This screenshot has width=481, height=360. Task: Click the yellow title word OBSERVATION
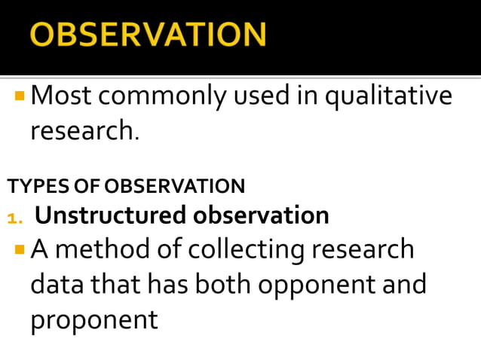pyautogui.click(x=148, y=35)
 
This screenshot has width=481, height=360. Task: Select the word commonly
pyautogui.click(x=158, y=97)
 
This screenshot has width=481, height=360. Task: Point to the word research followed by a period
pyautogui.click(x=84, y=131)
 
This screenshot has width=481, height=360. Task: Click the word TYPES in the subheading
pyautogui.click(x=31, y=186)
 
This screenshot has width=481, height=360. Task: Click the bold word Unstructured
pyautogui.click(x=111, y=216)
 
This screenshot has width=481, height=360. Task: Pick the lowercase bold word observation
pyautogui.click(x=261, y=216)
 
